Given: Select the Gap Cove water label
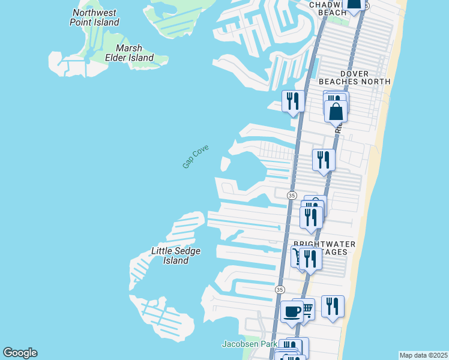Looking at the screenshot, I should [195, 155].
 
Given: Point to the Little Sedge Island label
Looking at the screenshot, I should [176, 256].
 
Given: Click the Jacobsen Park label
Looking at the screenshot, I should [249, 344].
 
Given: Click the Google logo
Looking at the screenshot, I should [20, 353].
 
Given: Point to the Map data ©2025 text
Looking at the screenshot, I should [423, 355].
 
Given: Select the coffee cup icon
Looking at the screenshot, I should [292, 312].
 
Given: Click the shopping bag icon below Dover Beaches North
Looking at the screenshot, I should [336, 111].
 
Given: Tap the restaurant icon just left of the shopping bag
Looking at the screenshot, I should [293, 101].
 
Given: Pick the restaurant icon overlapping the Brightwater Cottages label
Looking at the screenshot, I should [310, 259].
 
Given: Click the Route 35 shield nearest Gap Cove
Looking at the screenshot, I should [292, 196].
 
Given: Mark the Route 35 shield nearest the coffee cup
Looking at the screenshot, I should [279, 289].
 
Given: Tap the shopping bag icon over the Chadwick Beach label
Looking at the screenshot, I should [354, 5].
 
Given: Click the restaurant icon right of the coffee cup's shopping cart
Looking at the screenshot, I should [333, 306].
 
